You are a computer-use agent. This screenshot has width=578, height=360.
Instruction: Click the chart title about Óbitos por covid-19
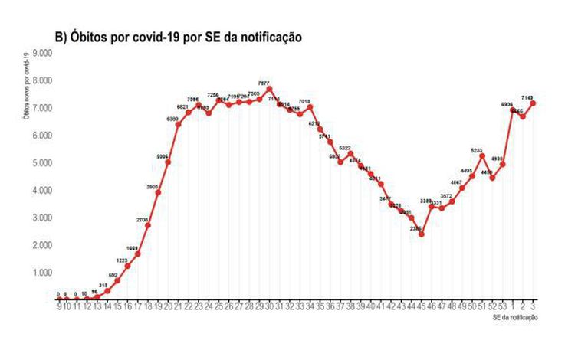(x=179, y=37)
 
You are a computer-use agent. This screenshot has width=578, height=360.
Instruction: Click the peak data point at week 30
(x=269, y=89)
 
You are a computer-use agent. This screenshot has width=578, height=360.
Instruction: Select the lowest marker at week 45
(x=421, y=234)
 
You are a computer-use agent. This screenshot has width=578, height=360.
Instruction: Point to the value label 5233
(x=476, y=150)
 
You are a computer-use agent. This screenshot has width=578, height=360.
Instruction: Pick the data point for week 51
(x=482, y=156)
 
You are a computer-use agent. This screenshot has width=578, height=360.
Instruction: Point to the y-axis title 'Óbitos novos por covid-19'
(x=27, y=84)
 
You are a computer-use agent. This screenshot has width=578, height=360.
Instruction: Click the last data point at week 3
(x=532, y=103)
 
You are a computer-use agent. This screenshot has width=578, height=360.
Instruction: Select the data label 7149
(x=527, y=97)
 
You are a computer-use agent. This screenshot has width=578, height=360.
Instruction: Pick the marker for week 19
(x=158, y=192)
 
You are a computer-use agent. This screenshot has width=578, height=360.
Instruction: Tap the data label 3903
(x=152, y=185)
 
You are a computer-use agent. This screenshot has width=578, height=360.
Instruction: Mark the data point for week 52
(x=492, y=178)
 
